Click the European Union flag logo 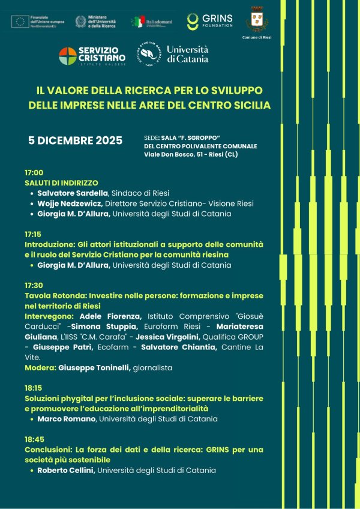pyautogui.click(x=20, y=22)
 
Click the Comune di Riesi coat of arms pyautogui.click(x=257, y=19)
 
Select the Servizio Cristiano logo pyautogui.click(x=92, y=56)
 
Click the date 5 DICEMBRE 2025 pyautogui.click(x=76, y=141)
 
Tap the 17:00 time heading pyautogui.click(x=34, y=173)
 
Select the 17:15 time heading pyautogui.click(x=34, y=234)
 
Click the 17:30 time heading pyautogui.click(x=34, y=286)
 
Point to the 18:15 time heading pyautogui.click(x=34, y=388)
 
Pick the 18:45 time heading pyautogui.click(x=34, y=439)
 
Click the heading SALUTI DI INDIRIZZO pyautogui.click(x=61, y=182)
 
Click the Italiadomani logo pyautogui.click(x=152, y=22)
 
